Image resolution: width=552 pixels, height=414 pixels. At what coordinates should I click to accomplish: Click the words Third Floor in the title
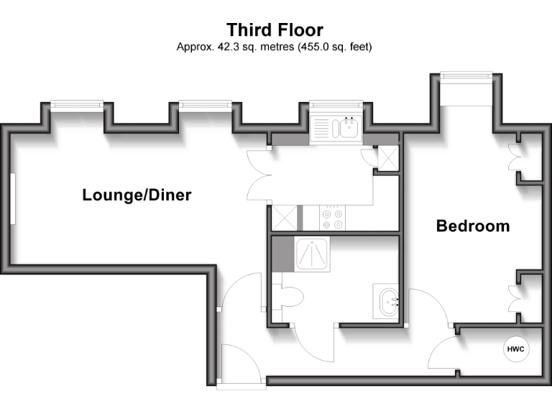coord(275,29)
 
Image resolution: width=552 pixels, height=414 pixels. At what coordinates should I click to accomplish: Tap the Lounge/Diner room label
coord(137,195)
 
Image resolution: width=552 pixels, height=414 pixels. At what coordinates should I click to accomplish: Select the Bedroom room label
coord(473,226)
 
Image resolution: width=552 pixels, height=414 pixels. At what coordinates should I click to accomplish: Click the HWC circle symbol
coord(516,350)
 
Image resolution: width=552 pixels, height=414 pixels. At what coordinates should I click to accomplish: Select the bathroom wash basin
coord(387,300)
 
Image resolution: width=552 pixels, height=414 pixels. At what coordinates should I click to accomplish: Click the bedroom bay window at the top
coord(466,75)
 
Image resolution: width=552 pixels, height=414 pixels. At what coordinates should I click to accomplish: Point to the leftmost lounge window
coord(78,105)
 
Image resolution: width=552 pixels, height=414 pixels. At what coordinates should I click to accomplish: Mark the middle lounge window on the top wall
coord(206,105)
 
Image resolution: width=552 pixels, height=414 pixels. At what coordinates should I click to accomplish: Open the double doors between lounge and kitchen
coord(257,177)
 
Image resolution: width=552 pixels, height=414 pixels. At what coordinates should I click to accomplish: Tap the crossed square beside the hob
coord(283,218)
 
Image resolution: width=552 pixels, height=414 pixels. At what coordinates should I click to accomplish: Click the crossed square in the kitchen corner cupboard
coord(388,157)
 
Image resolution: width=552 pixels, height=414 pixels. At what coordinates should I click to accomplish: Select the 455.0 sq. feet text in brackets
coord(331,47)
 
